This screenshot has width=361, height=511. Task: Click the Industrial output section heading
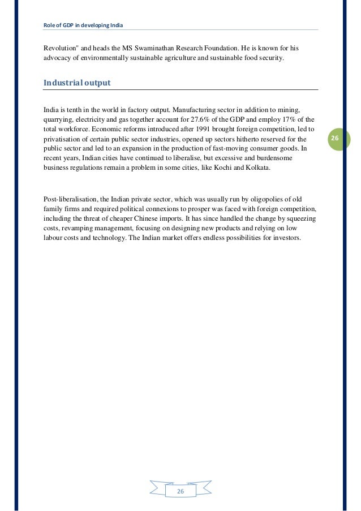tap(77, 83)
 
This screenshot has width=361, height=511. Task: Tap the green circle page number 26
tap(334, 139)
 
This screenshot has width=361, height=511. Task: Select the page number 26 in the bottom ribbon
tap(180, 491)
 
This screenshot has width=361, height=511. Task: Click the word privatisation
tap(62, 139)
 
